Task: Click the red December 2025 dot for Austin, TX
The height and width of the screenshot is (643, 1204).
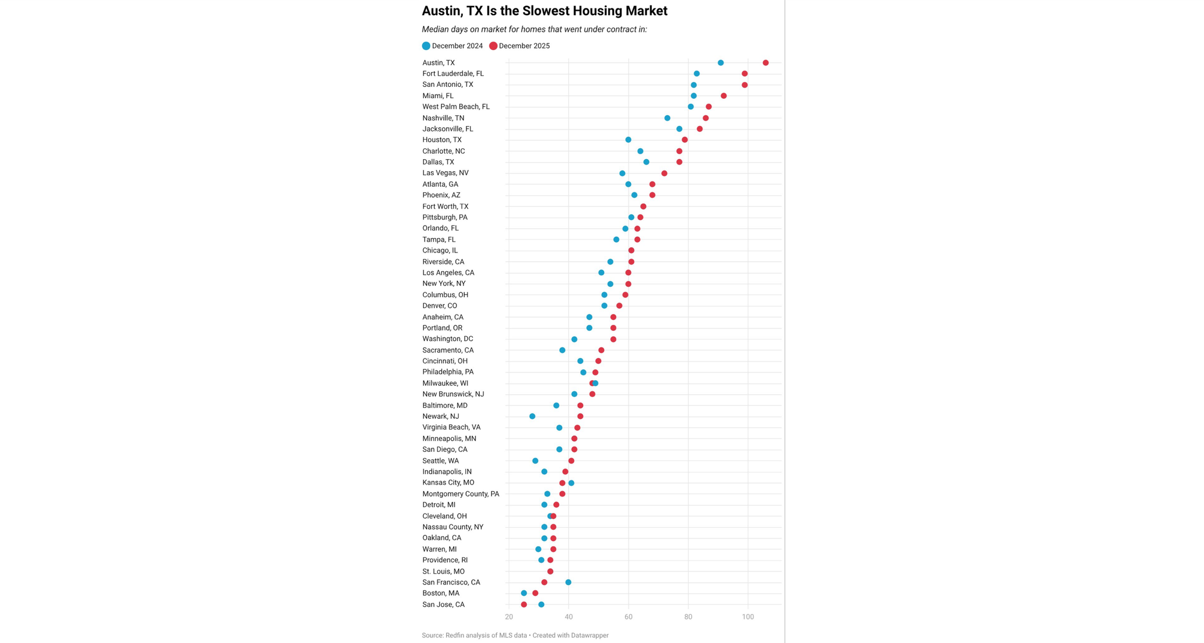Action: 765,63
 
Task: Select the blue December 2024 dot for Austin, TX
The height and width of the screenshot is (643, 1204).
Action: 721,63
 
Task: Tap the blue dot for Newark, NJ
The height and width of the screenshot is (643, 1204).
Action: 532,416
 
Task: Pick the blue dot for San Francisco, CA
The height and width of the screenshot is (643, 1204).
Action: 568,582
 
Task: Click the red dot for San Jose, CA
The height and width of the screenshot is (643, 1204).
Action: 524,604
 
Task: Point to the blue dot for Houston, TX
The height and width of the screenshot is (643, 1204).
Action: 628,140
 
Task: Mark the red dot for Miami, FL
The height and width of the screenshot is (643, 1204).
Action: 724,96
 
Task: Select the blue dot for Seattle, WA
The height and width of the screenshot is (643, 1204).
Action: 535,461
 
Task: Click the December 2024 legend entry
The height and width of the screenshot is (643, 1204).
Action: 453,46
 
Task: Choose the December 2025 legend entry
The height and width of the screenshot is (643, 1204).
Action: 520,46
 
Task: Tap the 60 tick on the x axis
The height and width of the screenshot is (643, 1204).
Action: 628,617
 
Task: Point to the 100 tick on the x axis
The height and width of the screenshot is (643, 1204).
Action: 748,617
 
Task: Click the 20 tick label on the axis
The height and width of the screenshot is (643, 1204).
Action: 509,617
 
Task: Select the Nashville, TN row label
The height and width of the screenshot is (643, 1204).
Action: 443,118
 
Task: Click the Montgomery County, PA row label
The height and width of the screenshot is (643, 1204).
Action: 461,494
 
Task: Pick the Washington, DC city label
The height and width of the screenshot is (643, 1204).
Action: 447,339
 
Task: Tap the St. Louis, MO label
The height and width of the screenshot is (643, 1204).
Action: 443,571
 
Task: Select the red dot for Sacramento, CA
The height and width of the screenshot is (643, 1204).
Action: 601,350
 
